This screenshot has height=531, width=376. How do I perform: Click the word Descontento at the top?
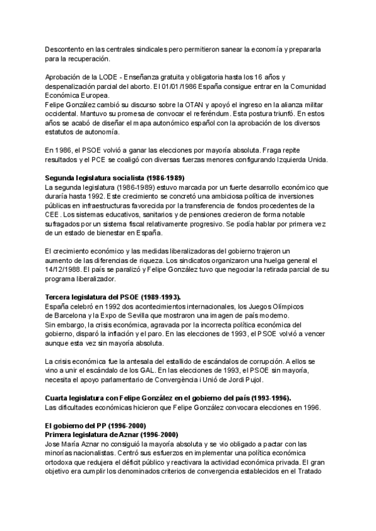click(67, 49)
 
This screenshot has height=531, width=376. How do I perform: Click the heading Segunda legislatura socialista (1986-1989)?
click(115, 178)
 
